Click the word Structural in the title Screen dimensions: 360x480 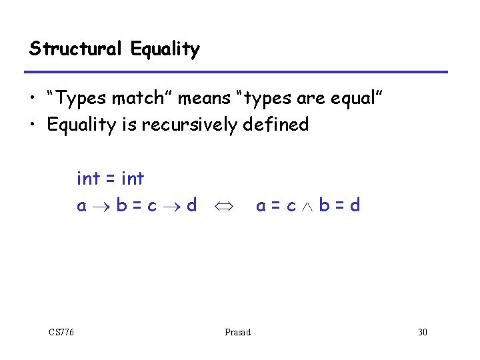point(76,49)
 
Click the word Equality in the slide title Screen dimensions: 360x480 point(165,49)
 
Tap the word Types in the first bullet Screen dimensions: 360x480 point(83,99)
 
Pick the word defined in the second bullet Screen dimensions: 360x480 point(275,124)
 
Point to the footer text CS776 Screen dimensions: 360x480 point(61,332)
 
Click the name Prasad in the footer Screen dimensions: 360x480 point(238,332)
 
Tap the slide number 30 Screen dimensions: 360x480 point(422,332)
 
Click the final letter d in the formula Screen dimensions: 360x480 point(355,205)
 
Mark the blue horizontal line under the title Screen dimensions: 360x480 point(237,72)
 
